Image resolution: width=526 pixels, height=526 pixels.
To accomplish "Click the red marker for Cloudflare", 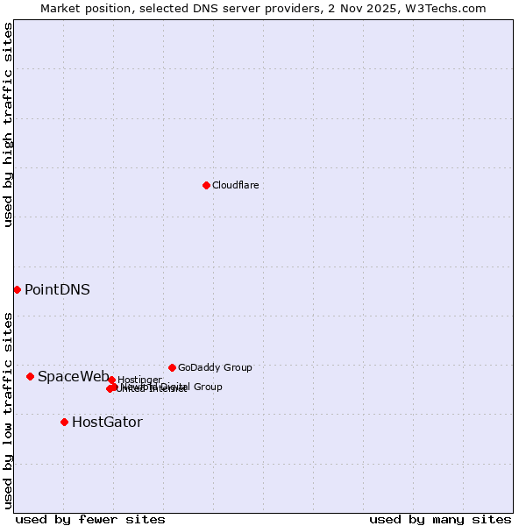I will [x=206, y=185].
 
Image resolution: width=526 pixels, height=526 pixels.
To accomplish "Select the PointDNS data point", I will [x=17, y=289].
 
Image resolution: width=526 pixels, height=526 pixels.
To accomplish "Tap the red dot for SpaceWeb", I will [x=30, y=376].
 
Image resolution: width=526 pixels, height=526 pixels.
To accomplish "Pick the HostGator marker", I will [x=64, y=422].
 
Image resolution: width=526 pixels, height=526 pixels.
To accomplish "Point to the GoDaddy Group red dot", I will [x=172, y=367].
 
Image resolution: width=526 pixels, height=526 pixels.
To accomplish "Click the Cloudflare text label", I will [x=235, y=185].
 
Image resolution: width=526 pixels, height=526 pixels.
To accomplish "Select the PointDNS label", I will [x=57, y=289].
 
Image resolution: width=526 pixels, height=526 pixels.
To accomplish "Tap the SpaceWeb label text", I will [x=73, y=376].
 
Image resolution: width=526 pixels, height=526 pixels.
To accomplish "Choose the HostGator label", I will [x=107, y=422].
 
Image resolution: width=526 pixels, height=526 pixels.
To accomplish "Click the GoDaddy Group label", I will [x=215, y=367].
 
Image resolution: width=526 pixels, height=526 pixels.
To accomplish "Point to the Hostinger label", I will [x=139, y=380].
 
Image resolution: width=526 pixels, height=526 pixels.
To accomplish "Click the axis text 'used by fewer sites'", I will [x=90, y=519].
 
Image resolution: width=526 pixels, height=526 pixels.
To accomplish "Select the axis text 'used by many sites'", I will [x=440, y=519].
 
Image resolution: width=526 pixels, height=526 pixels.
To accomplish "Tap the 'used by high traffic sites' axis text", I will [x=8, y=125].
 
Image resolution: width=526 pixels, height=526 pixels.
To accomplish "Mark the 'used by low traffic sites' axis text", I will [x=8, y=410].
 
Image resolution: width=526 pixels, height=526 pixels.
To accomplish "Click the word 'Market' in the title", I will [x=59, y=8].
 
